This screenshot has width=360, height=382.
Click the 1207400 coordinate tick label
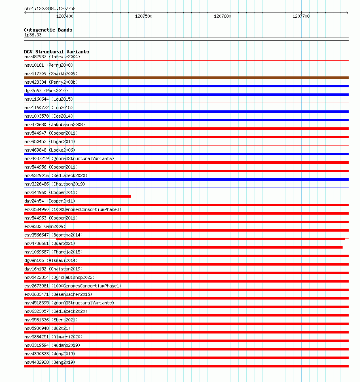click(x=65, y=16)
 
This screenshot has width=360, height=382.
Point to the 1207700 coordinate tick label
click(x=301, y=16)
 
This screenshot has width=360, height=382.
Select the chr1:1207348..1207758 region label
click(x=50, y=8)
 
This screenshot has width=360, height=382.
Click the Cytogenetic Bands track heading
click(x=48, y=30)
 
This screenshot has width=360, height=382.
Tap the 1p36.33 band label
click(x=33, y=35)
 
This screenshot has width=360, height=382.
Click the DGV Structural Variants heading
click(x=57, y=52)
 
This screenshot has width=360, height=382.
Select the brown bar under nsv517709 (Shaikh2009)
click(x=186, y=78)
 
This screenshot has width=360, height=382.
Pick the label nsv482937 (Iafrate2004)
click(x=52, y=57)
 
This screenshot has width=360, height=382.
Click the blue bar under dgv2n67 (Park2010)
click(x=186, y=95)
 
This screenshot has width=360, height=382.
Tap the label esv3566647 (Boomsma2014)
click(x=53, y=235)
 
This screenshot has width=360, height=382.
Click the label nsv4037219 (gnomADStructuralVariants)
click(x=69, y=158)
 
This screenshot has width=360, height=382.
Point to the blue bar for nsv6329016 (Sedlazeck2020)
click(x=186, y=179)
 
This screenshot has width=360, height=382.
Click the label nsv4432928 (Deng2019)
click(x=50, y=362)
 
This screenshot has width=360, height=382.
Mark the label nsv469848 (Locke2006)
click(x=49, y=150)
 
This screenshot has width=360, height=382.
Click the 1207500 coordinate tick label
click(x=144, y=16)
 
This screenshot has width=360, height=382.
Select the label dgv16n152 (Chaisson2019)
click(x=53, y=269)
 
